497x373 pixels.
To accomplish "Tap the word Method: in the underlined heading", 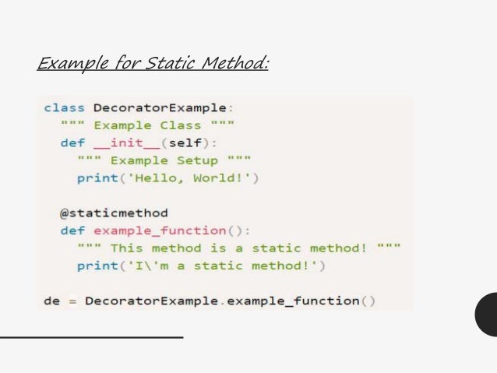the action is pos(234,62).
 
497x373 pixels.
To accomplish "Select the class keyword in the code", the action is pos(64,107).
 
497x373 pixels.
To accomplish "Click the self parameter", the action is pos(189,143).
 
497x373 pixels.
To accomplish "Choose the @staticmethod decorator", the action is pos(114,213).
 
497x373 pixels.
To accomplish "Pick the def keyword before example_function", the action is pos(72,230).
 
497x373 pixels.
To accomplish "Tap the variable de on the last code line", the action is pos(51,301).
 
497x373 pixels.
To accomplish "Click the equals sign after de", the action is pos(72,301).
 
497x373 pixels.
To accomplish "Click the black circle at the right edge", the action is pos(488,314).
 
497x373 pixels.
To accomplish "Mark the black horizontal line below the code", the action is pos(91,337).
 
